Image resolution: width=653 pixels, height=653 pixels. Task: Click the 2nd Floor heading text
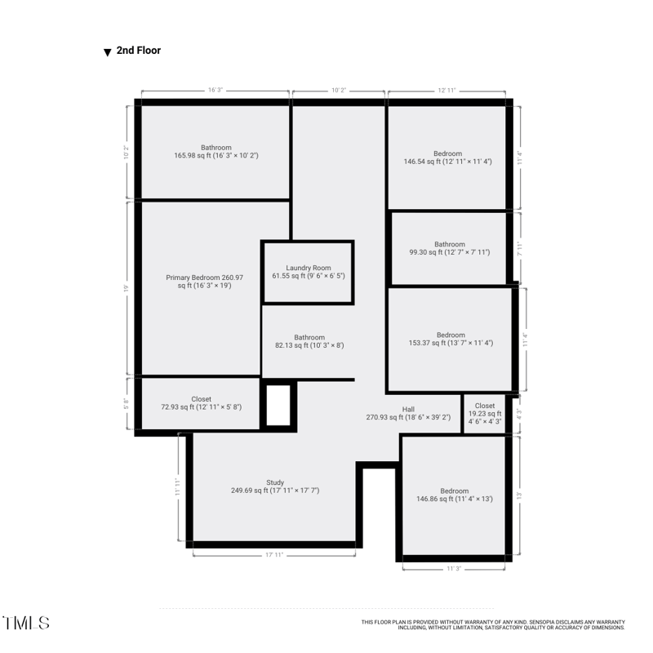point(138,51)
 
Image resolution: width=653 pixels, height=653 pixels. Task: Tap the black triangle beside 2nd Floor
point(107,52)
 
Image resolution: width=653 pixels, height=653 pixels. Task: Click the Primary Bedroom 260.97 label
point(204,282)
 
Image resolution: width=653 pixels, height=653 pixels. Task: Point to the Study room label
point(275,486)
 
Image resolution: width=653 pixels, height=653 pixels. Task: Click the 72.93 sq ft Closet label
point(201,403)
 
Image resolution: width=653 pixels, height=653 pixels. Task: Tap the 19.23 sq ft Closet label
point(484,414)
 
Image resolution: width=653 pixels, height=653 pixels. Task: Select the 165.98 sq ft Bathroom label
point(215,151)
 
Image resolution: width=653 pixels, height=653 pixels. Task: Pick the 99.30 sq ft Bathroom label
point(449,248)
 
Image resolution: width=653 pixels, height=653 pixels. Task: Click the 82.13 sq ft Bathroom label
point(309,341)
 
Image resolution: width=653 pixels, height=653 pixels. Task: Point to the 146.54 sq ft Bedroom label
point(447,158)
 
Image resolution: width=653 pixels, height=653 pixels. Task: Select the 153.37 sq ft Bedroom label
point(451,339)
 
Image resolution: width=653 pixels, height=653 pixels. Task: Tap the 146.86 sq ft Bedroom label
point(454,495)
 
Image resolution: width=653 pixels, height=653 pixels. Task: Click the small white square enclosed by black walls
point(278,405)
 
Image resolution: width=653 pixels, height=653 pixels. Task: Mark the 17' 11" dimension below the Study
point(274,555)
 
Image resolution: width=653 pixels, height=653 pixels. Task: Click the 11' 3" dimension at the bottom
point(454,569)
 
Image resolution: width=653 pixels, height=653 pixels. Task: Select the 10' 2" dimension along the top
point(339,91)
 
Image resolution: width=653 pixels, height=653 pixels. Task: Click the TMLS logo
point(25,623)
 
